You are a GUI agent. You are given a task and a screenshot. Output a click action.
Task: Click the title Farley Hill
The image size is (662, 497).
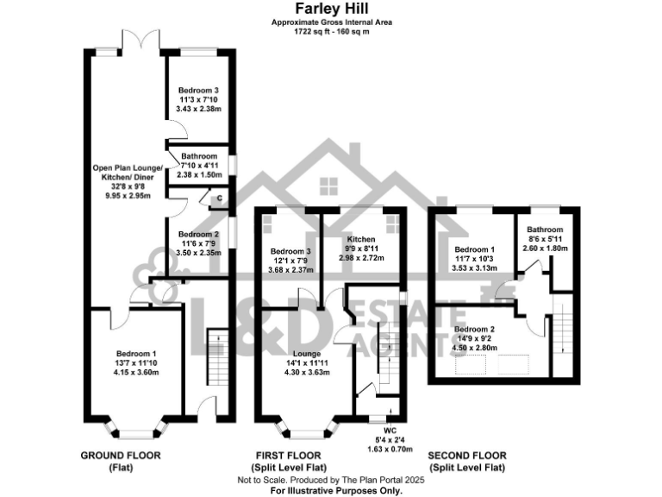pos(331,10)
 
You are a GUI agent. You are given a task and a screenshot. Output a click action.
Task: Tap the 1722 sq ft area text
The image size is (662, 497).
pos(331,32)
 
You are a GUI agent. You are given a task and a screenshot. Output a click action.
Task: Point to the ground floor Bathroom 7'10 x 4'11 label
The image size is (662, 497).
pos(199,165)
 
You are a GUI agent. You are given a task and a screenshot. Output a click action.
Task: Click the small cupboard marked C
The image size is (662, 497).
pos(220,200)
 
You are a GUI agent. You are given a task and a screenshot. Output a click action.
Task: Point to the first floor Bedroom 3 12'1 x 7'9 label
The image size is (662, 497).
pos(290,261)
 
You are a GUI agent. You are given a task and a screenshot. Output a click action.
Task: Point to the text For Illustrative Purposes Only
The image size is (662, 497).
pos(336,490)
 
